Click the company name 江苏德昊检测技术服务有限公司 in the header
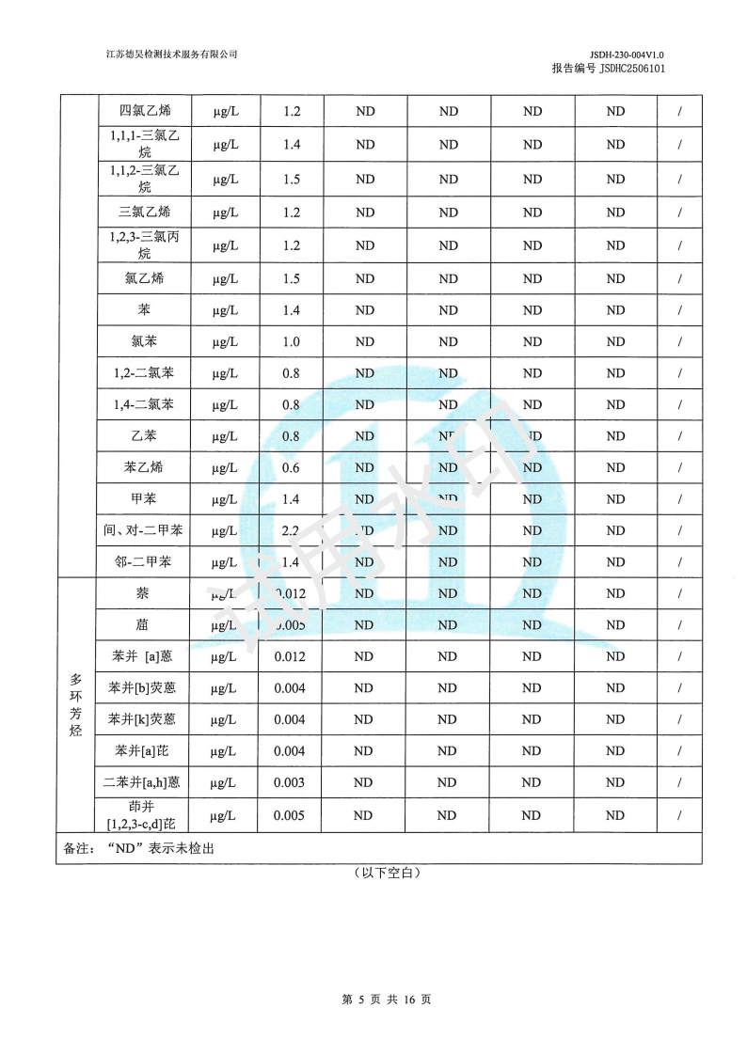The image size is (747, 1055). click(x=171, y=55)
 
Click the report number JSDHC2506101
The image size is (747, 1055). click(x=631, y=69)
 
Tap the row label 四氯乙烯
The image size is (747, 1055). click(x=144, y=111)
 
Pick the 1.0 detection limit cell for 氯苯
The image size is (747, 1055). click(x=291, y=342)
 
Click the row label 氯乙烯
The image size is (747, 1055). click(x=144, y=278)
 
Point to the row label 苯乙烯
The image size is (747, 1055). click(x=144, y=467)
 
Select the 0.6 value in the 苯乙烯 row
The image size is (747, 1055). click(x=291, y=467)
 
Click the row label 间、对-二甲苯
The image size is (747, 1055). click(x=144, y=530)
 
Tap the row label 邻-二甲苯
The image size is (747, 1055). click(x=144, y=562)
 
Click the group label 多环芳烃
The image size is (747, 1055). click(x=76, y=704)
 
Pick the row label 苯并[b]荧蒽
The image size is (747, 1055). click(x=144, y=688)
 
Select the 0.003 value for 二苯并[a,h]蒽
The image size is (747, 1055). click(x=290, y=782)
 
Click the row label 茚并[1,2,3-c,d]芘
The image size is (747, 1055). click(x=144, y=815)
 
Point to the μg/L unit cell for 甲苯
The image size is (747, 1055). click(x=225, y=499)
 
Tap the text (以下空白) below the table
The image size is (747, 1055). click(x=386, y=873)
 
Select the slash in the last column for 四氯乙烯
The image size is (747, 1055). click(x=679, y=111)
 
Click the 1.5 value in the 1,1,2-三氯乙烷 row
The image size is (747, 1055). click(x=291, y=179)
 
